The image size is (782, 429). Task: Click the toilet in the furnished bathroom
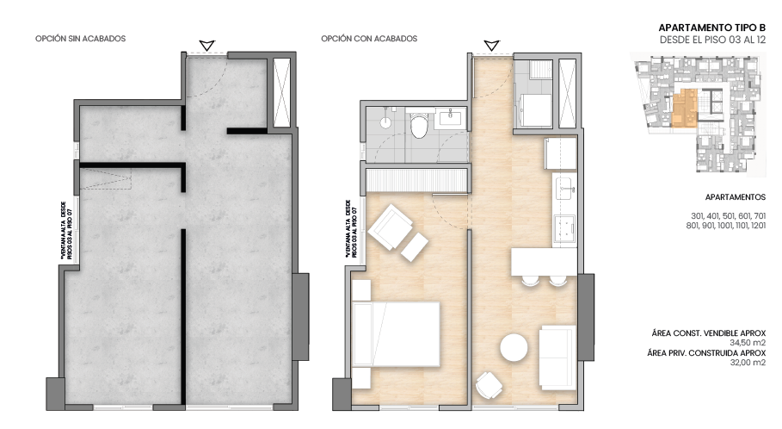tap(419, 127)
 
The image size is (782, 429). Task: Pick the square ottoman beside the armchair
tap(416, 246)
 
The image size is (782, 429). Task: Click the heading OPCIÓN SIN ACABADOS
tap(81, 39)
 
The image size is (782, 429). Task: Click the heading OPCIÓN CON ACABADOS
tap(369, 39)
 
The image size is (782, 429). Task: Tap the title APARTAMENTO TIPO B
tap(711, 28)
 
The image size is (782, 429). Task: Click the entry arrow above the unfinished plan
tap(206, 45)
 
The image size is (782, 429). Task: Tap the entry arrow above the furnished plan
tap(491, 45)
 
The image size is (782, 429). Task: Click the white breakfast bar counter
tap(543, 261)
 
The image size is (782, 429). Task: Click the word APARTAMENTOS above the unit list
tap(735, 196)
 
